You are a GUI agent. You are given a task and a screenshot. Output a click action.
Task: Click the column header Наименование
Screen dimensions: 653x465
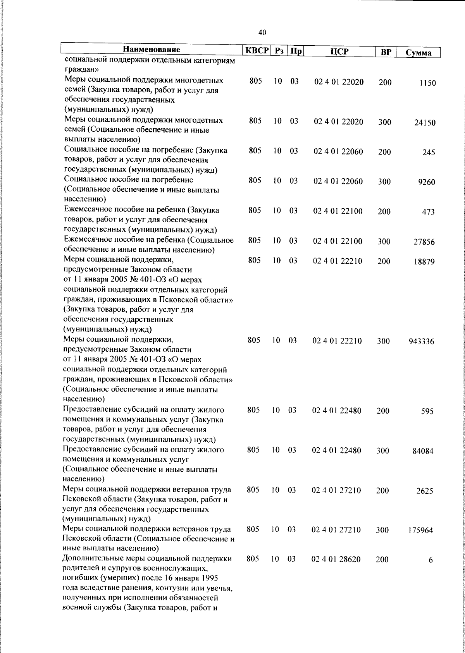click(x=152, y=50)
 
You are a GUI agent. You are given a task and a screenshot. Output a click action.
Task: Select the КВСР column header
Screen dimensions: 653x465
click(x=257, y=51)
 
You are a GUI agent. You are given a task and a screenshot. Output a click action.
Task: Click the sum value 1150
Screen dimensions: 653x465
click(x=427, y=83)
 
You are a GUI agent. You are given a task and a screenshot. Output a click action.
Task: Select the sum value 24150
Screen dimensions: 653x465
click(x=425, y=123)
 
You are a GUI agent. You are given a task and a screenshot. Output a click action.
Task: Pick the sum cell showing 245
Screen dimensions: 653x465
click(x=429, y=153)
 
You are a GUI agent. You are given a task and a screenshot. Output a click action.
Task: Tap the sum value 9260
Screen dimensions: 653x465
click(x=427, y=182)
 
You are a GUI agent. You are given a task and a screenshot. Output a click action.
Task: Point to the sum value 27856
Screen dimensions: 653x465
click(x=424, y=242)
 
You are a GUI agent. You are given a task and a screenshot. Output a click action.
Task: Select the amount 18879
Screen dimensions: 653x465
click(x=424, y=262)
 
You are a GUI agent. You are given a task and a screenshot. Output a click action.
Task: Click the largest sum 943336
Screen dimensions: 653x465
click(x=421, y=342)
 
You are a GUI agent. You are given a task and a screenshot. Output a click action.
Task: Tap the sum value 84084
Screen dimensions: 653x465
click(x=423, y=451)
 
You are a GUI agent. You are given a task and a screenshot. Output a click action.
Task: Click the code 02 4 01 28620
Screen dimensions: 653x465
click(x=336, y=559)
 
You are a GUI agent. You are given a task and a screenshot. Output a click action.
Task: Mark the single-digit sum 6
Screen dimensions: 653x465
click(x=431, y=560)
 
